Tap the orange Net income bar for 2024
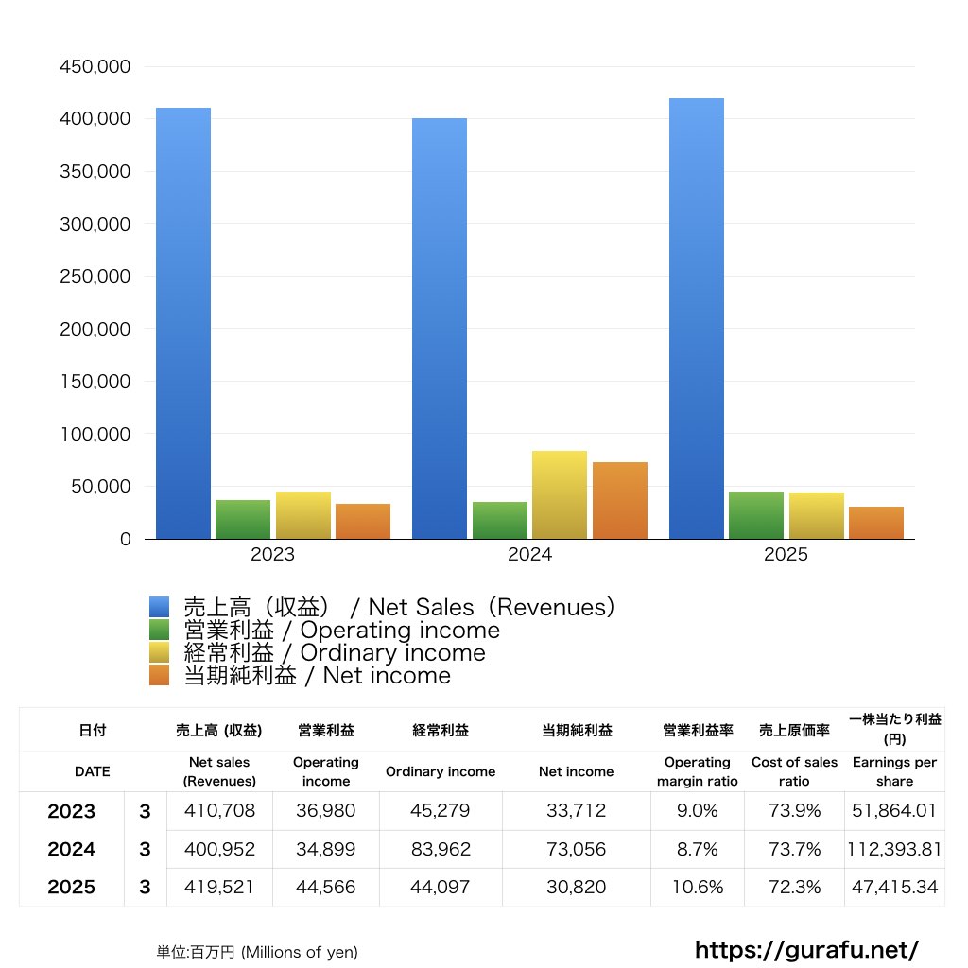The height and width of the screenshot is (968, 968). coord(620,501)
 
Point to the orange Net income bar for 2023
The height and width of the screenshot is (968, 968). coord(363,522)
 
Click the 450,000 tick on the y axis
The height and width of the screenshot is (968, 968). coord(95,67)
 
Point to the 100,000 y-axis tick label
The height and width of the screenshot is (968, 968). coord(95,435)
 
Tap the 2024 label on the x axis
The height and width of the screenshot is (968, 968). coord(529,555)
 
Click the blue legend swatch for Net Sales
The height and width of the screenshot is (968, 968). coord(159,607)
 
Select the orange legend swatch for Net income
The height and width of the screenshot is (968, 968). coord(159,675)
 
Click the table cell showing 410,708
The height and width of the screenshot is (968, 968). coord(219,811)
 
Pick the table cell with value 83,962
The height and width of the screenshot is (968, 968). coord(441,849)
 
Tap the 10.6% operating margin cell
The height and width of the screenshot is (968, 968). coord(698,887)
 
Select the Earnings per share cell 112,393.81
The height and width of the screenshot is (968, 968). coord(894,849)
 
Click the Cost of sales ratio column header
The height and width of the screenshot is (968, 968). coord(794,771)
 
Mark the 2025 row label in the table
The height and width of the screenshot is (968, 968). coord(72,887)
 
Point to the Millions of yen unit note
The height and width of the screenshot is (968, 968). coord(257,952)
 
